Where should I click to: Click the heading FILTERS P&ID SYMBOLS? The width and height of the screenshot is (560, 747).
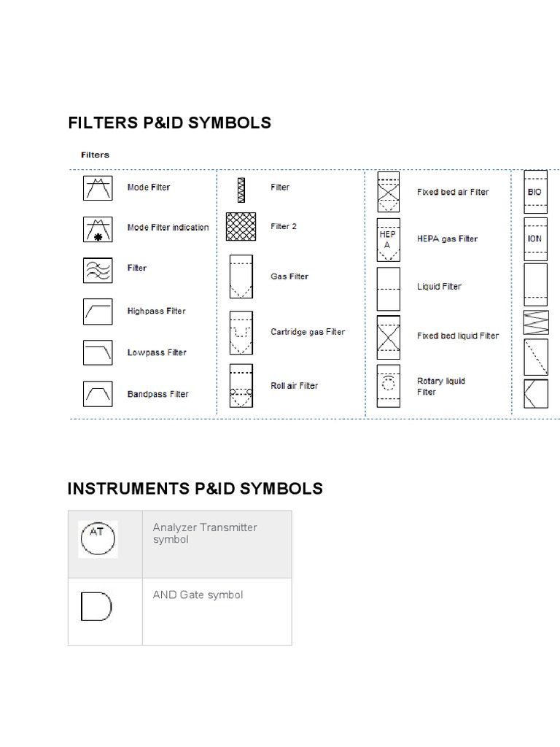[169, 123]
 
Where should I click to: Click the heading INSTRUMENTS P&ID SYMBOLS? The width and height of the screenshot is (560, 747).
[195, 488]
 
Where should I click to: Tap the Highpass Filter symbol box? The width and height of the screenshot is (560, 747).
[98, 311]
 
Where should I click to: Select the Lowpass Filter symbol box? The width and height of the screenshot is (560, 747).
[98, 352]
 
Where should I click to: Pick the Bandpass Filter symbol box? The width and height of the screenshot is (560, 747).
[98, 394]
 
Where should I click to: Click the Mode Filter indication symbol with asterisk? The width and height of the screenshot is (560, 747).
[98, 228]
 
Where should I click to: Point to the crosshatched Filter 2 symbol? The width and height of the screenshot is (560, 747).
[241, 226]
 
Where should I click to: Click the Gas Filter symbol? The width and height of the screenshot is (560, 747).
[241, 276]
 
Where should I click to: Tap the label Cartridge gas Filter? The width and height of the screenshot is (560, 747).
[308, 332]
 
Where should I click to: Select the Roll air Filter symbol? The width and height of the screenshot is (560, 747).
[241, 386]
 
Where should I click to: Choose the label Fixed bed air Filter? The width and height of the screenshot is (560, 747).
[453, 193]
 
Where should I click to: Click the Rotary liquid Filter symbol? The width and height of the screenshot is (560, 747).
[388, 386]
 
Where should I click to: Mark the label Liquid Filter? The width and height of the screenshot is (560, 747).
[439, 287]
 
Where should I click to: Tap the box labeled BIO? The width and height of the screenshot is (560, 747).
[535, 192]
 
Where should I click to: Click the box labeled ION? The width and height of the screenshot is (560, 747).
[535, 239]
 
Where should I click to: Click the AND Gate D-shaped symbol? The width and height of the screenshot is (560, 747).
[96, 606]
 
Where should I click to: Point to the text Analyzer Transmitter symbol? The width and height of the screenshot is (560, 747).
[205, 533]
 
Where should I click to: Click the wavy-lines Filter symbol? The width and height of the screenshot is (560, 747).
[98, 269]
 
